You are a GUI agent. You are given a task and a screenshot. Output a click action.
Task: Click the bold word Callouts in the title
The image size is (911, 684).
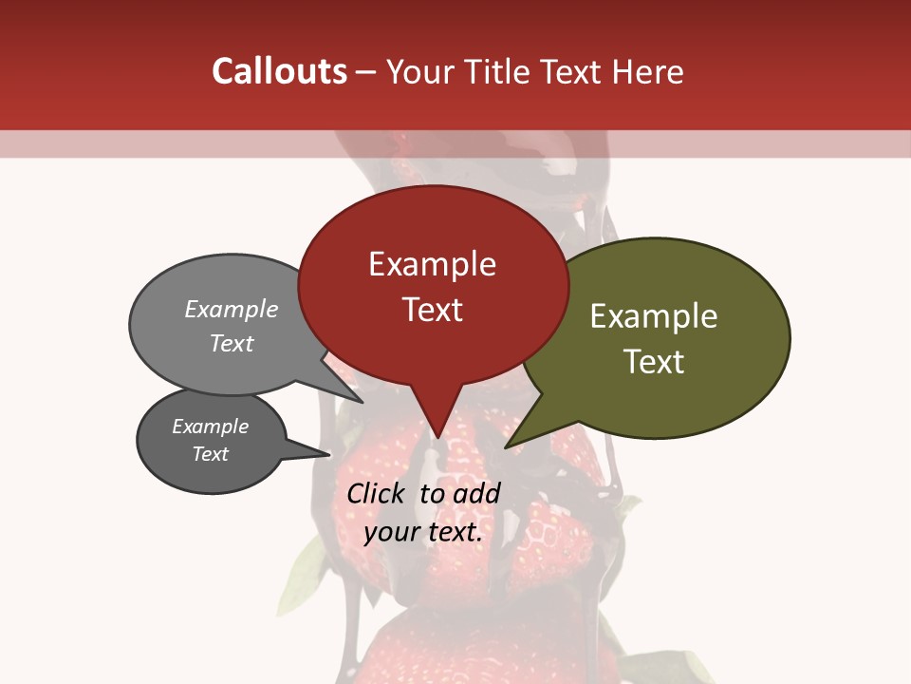pos(279,71)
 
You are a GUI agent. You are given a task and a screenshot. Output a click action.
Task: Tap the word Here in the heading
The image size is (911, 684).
pos(649,71)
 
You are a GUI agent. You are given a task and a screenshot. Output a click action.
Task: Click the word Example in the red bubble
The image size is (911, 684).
pos(432,264)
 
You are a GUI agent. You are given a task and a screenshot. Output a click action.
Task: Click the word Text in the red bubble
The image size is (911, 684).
pos(432,310)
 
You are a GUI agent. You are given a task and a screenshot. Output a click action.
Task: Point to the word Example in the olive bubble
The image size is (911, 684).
pos(654,316)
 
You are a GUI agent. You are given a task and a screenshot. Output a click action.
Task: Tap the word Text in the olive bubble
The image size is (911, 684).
pos(654,362)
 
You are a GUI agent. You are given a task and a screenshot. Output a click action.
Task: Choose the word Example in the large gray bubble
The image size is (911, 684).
pos(232,310)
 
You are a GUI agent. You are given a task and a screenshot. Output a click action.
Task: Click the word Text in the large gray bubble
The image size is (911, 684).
pos(232,343)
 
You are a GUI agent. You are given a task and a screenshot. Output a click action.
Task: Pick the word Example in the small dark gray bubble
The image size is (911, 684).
pos(210,427)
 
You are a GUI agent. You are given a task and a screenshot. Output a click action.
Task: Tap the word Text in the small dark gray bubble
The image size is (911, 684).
pos(210,454)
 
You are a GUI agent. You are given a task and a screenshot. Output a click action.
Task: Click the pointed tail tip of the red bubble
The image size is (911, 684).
pos(437,438)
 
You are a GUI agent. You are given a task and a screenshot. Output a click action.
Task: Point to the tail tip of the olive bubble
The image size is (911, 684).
pos(506,446)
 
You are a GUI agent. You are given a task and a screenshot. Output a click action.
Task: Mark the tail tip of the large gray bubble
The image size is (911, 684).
pos(363,402)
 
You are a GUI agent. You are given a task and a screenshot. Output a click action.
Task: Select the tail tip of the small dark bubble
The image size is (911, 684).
pos(329,454)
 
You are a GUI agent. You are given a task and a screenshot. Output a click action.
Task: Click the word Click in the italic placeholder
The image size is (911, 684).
pos(378,493)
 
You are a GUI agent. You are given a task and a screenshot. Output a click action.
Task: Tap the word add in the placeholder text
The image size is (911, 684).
pos(477,493)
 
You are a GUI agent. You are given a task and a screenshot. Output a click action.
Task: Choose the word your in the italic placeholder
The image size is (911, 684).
pos(391,532)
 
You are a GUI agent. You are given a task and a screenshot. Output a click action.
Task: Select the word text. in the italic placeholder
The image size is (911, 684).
pos(454,532)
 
